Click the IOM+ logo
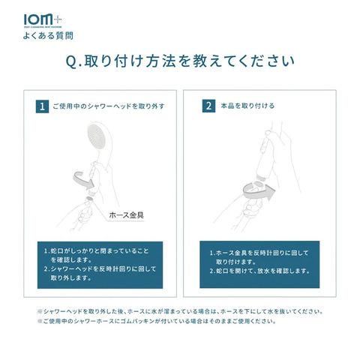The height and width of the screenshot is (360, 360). coord(43,20)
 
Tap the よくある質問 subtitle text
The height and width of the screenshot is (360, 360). coord(48,36)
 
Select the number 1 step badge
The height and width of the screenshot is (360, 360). coord(42,106)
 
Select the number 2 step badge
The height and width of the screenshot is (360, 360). coord(208,106)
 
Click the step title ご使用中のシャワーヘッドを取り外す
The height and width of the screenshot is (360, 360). coord(109,106)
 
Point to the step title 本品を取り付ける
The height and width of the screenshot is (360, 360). coord(247,106)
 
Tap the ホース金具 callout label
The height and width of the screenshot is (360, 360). coord(126,215)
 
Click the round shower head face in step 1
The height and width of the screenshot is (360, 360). coord(97,136)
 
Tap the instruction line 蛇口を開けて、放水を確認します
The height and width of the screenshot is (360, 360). coord(259,271)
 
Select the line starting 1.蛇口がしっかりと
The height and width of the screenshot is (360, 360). coord(96,250)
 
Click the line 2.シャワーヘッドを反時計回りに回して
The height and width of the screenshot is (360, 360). coord(100,269)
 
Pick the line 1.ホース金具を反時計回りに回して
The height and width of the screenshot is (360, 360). coord(259,253)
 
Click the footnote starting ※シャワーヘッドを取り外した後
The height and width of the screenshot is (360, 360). coord(180,312)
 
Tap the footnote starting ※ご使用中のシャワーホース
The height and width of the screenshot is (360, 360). coord(157,321)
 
